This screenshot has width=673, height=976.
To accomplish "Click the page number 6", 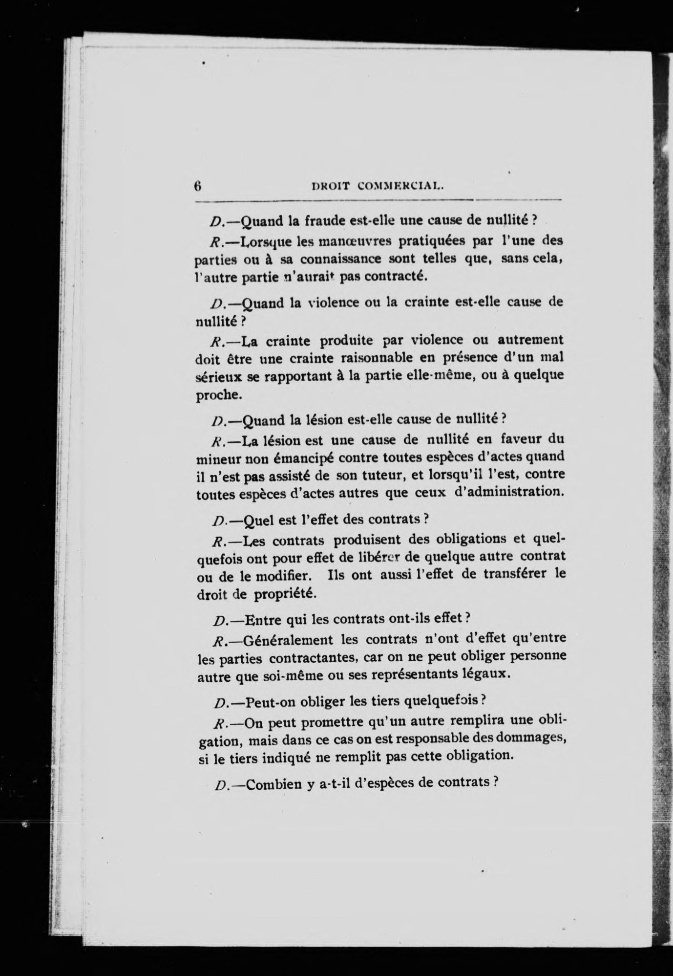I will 198,186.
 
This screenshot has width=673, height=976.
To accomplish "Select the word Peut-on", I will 268,702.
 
